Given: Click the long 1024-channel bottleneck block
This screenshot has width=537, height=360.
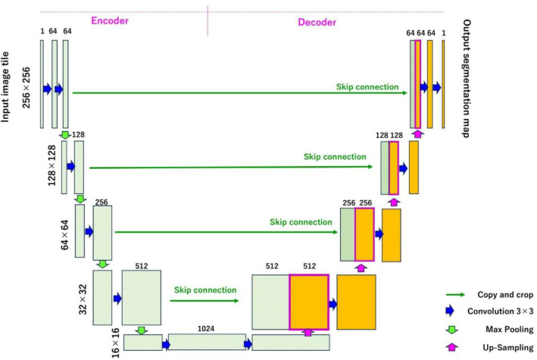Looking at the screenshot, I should click(207, 343).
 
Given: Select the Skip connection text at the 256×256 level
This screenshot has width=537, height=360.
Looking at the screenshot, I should click(367, 86).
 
